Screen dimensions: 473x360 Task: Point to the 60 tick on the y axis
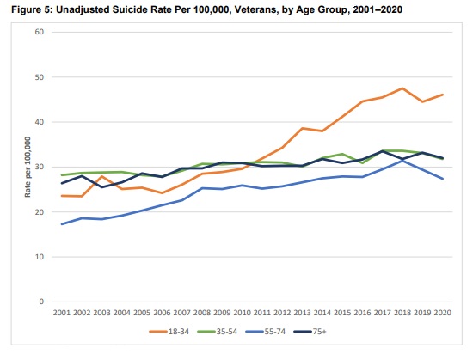[x=40, y=32]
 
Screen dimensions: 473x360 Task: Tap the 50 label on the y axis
[x=40, y=77]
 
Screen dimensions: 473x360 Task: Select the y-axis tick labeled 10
[x=40, y=257]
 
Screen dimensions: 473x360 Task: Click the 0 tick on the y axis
[x=41, y=302]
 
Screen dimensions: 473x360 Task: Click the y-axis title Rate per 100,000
[x=28, y=167]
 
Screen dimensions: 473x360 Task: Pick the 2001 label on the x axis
[x=62, y=313]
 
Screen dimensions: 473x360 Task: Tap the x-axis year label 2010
[x=242, y=313]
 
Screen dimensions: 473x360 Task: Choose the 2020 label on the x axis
[x=443, y=313]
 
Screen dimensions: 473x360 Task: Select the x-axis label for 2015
[x=342, y=313]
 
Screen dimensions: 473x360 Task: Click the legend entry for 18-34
[x=169, y=332]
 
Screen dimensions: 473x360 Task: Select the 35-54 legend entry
[x=218, y=332]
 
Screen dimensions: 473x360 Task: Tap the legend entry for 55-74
[x=266, y=332]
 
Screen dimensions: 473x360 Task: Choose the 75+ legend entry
[x=310, y=332]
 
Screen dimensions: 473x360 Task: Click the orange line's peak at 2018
[x=402, y=88]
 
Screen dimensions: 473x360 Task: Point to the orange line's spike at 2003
[x=101, y=176]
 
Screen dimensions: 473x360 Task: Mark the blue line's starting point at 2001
[x=62, y=224]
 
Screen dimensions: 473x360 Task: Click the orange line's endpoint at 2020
[x=443, y=95]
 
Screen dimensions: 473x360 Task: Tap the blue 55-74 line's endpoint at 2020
[x=443, y=179]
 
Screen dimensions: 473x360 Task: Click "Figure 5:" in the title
[x=32, y=9]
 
